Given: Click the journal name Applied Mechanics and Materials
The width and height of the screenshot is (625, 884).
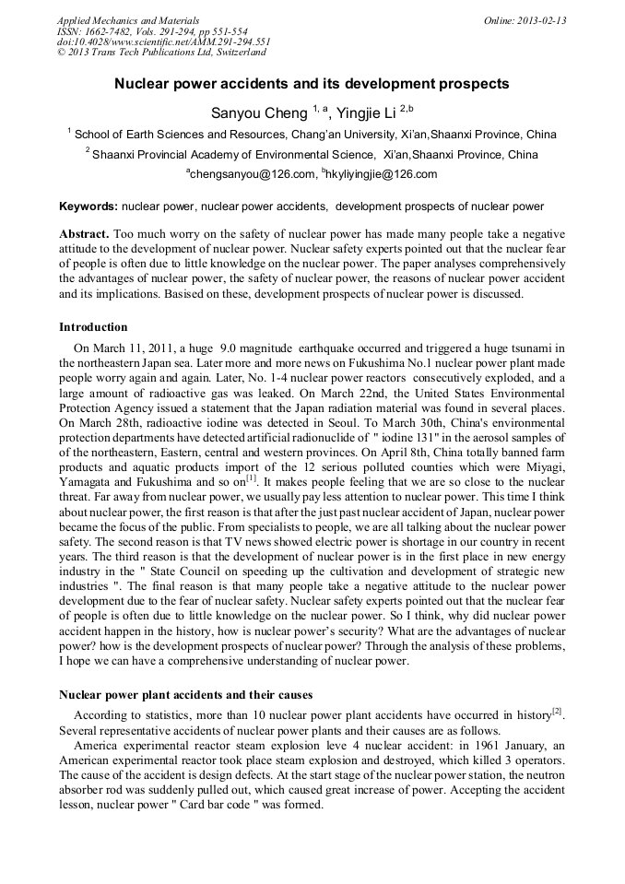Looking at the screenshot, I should coord(128,20).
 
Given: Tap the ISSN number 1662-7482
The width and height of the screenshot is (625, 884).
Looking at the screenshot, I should coord(111,31).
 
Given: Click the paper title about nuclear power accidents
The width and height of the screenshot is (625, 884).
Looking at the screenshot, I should coord(312,84).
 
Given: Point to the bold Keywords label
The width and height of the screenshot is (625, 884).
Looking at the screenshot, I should coord(88,206).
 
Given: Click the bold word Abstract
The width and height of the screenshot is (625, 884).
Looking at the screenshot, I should coord(85,235).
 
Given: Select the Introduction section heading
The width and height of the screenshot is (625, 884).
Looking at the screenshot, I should coord(93,327).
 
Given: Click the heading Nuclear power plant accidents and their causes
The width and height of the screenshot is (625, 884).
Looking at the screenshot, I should coord(185,694).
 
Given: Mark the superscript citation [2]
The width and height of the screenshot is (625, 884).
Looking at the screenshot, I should coord(557,712).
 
